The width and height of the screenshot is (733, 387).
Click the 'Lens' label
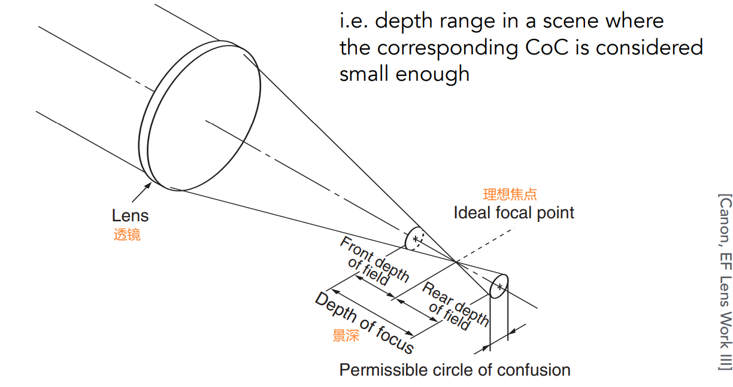(x=130, y=216)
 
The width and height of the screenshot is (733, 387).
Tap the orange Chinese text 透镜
(x=127, y=234)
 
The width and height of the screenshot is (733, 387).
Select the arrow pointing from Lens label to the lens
(x=140, y=193)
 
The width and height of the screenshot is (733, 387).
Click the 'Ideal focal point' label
(x=514, y=213)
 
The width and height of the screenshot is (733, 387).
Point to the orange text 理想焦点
(x=510, y=194)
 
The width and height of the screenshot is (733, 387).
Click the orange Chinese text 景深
(x=346, y=336)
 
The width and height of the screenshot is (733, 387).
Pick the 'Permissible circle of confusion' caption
(x=455, y=370)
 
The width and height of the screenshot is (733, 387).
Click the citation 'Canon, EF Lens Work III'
(x=725, y=282)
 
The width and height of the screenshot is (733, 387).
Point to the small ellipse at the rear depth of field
(x=499, y=287)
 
